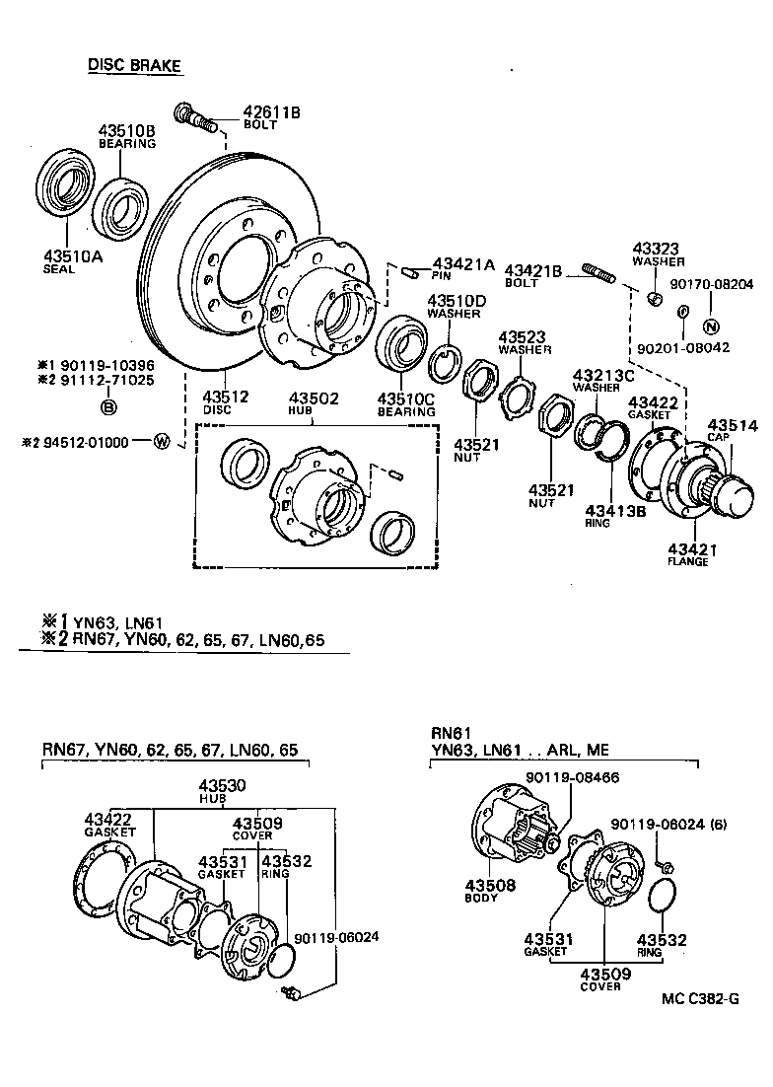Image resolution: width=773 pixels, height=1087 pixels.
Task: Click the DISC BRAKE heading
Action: point(135,65)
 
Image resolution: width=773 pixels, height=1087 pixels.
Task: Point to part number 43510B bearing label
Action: point(126,131)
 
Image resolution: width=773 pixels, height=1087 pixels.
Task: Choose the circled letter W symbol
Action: point(161,442)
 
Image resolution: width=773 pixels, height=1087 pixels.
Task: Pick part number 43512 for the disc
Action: point(225,397)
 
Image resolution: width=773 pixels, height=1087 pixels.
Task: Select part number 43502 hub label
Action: point(313,398)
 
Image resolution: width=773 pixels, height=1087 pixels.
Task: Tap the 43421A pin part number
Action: point(463,263)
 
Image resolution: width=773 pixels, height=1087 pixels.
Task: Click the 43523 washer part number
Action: point(522,336)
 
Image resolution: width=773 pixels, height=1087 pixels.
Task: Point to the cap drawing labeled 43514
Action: point(740,492)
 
